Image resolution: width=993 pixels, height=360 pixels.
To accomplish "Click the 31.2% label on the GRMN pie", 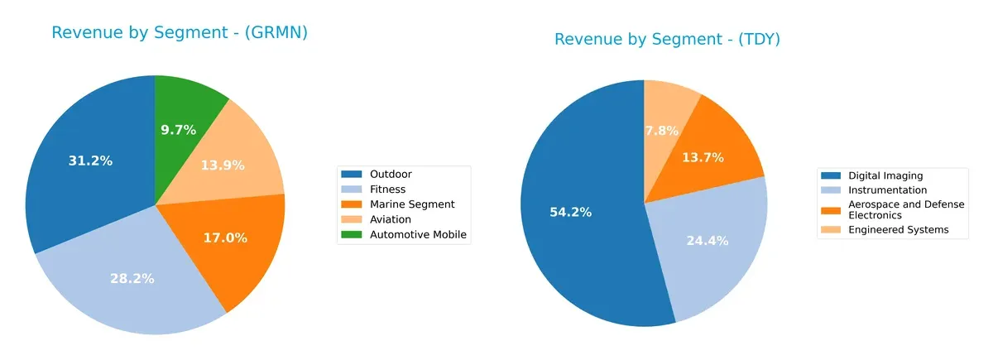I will [x=90, y=161].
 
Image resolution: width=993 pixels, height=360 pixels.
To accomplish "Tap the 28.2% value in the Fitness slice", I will [x=132, y=278].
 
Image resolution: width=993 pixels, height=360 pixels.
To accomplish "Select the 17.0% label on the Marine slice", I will [x=225, y=238].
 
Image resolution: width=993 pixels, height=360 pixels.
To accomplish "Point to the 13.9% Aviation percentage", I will [x=223, y=165].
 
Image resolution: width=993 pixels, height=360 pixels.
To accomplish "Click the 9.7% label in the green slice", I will [x=178, y=130].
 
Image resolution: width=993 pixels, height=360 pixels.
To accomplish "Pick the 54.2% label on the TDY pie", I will [x=571, y=212].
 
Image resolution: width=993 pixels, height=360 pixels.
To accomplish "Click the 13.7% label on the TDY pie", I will [x=703, y=157].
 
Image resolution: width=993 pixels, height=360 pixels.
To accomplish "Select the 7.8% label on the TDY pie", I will [x=661, y=130].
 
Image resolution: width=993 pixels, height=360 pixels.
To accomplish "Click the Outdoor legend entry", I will [x=391, y=174].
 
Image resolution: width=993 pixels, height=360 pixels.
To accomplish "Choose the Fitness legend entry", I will [x=388, y=190].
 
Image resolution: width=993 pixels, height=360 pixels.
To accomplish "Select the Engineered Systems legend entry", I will [x=898, y=229].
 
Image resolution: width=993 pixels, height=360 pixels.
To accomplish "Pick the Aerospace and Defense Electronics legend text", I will [x=905, y=209].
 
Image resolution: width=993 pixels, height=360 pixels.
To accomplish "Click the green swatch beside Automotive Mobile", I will [x=353, y=234].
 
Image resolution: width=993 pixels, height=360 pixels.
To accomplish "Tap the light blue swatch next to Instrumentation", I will [x=830, y=190].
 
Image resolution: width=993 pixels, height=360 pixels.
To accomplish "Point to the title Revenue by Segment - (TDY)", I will [x=667, y=39].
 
